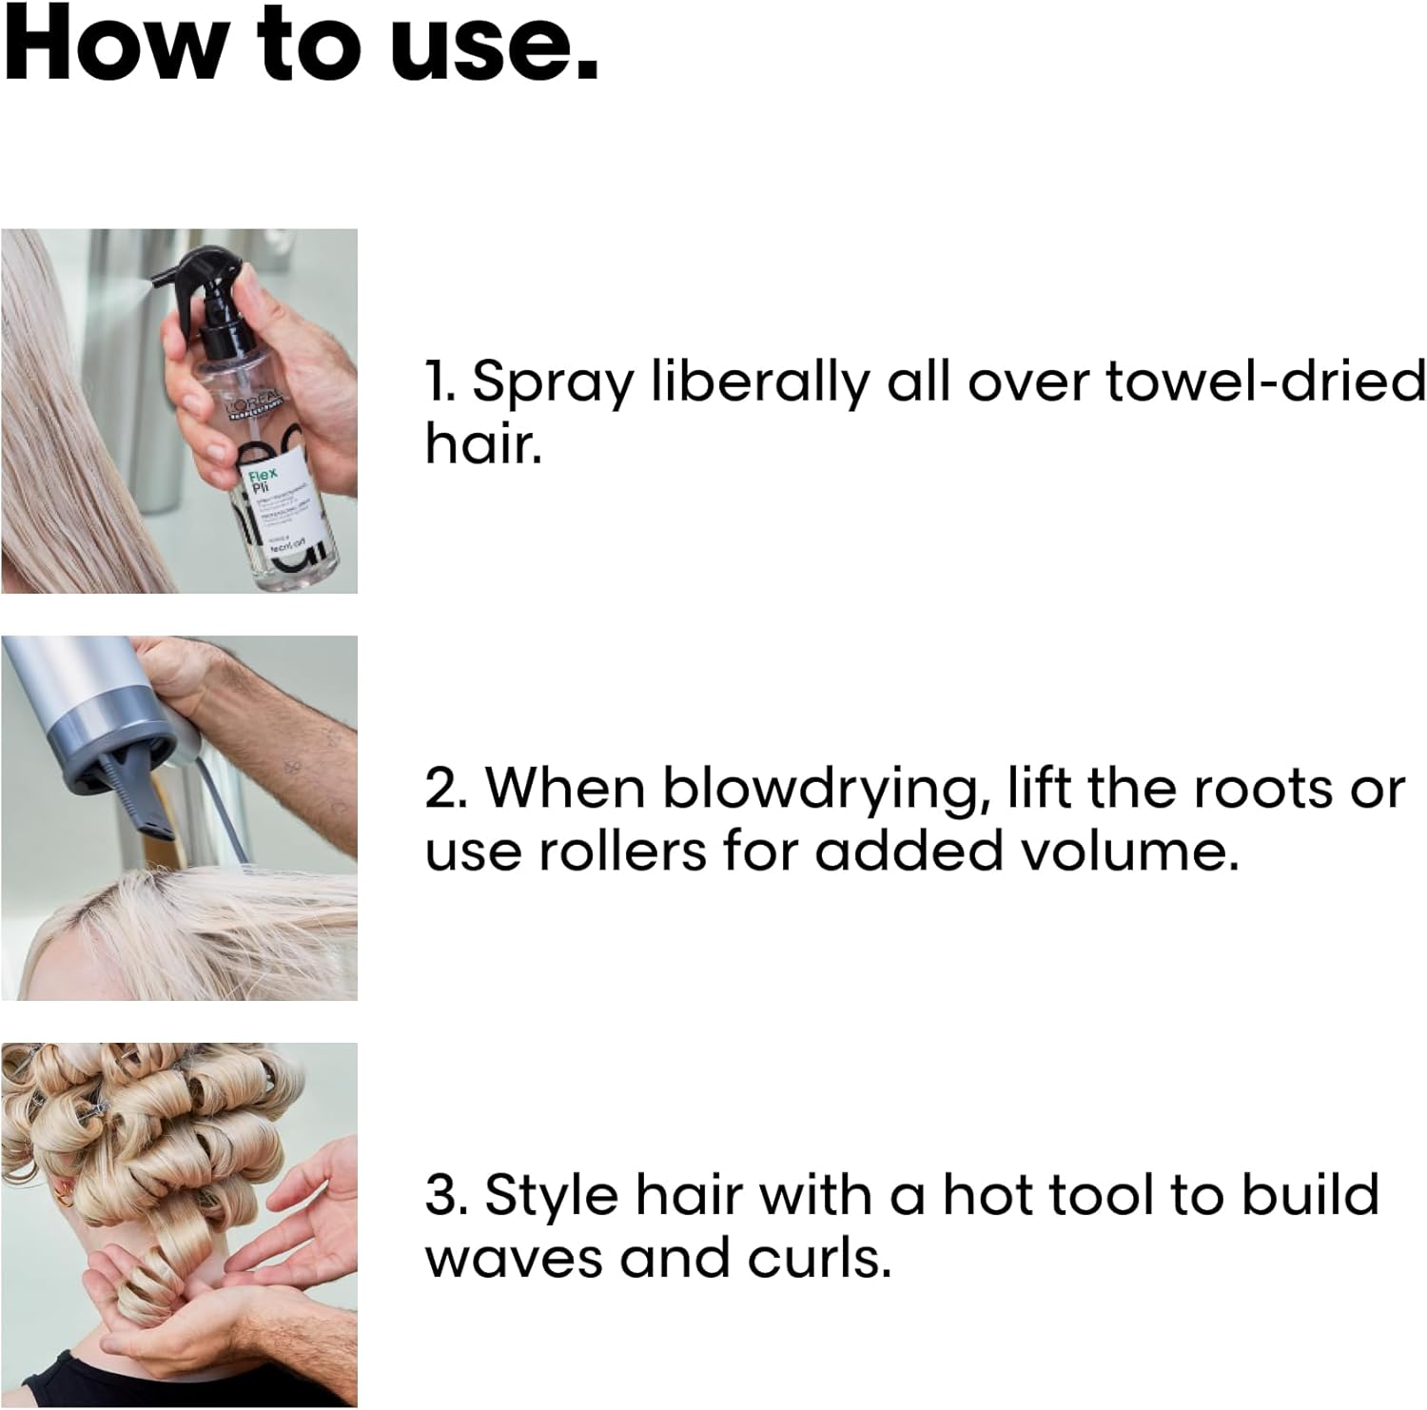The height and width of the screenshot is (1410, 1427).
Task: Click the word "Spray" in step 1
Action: (553, 382)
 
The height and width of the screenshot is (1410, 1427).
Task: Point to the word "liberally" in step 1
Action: (760, 382)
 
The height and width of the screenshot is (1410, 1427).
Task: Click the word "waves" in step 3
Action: (514, 1258)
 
